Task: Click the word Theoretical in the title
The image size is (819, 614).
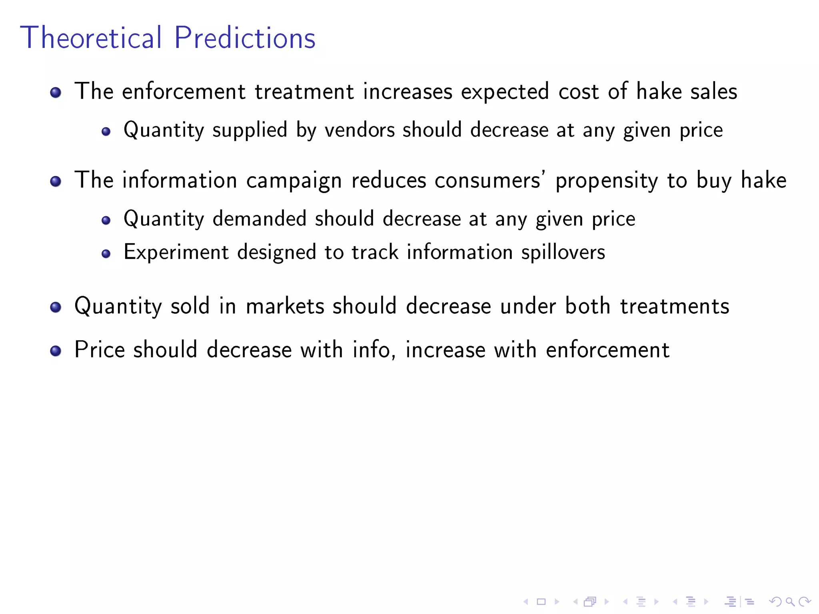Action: click(91, 38)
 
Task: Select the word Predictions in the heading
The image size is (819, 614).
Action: click(245, 38)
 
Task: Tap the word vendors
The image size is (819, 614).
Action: click(360, 130)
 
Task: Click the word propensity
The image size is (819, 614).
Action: click(606, 181)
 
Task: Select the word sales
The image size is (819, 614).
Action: click(713, 92)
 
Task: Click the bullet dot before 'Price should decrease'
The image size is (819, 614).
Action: click(56, 351)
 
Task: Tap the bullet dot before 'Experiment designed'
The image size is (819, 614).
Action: click(106, 253)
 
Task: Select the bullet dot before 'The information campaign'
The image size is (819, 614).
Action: click(56, 181)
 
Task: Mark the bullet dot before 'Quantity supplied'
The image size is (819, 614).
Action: click(106, 132)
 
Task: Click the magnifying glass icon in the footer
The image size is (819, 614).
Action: click(790, 602)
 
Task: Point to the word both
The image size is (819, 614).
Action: click(587, 306)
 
